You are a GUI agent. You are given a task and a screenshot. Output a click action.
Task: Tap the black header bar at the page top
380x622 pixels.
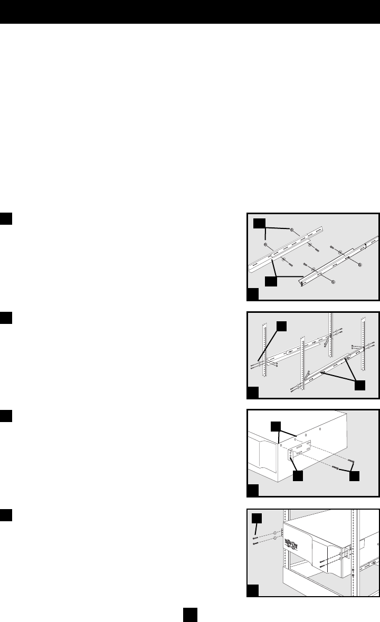click(190, 12)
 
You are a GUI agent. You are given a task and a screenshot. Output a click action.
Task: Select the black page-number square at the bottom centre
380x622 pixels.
click(190, 614)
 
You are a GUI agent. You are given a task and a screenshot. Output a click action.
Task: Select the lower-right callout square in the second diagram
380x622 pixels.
click(359, 386)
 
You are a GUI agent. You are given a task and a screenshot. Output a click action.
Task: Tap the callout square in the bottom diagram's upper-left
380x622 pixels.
click(256, 518)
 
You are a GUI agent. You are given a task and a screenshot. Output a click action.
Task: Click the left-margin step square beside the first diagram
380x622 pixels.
click(6, 218)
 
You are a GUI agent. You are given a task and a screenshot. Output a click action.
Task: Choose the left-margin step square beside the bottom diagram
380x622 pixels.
click(6, 513)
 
